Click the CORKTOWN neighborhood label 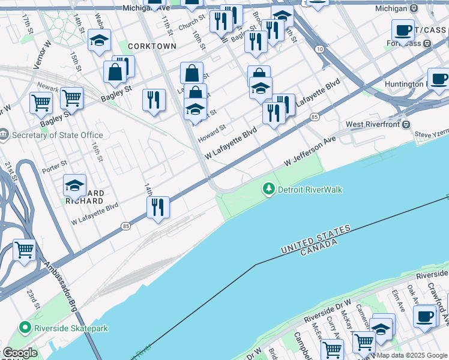pyautogui.click(x=151, y=46)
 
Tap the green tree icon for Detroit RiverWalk pyautogui.click(x=268, y=189)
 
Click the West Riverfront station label pyautogui.click(x=373, y=124)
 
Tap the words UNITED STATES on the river pyautogui.click(x=315, y=239)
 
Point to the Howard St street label pyautogui.click(x=212, y=133)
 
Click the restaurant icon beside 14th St pyautogui.click(x=158, y=207)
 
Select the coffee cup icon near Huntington pyautogui.click(x=438, y=79)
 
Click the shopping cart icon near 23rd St pyautogui.click(x=25, y=250)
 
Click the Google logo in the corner pyautogui.click(x=20, y=353)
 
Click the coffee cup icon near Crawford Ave pyautogui.click(x=425, y=316)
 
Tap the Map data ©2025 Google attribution pyautogui.click(x=411, y=355)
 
